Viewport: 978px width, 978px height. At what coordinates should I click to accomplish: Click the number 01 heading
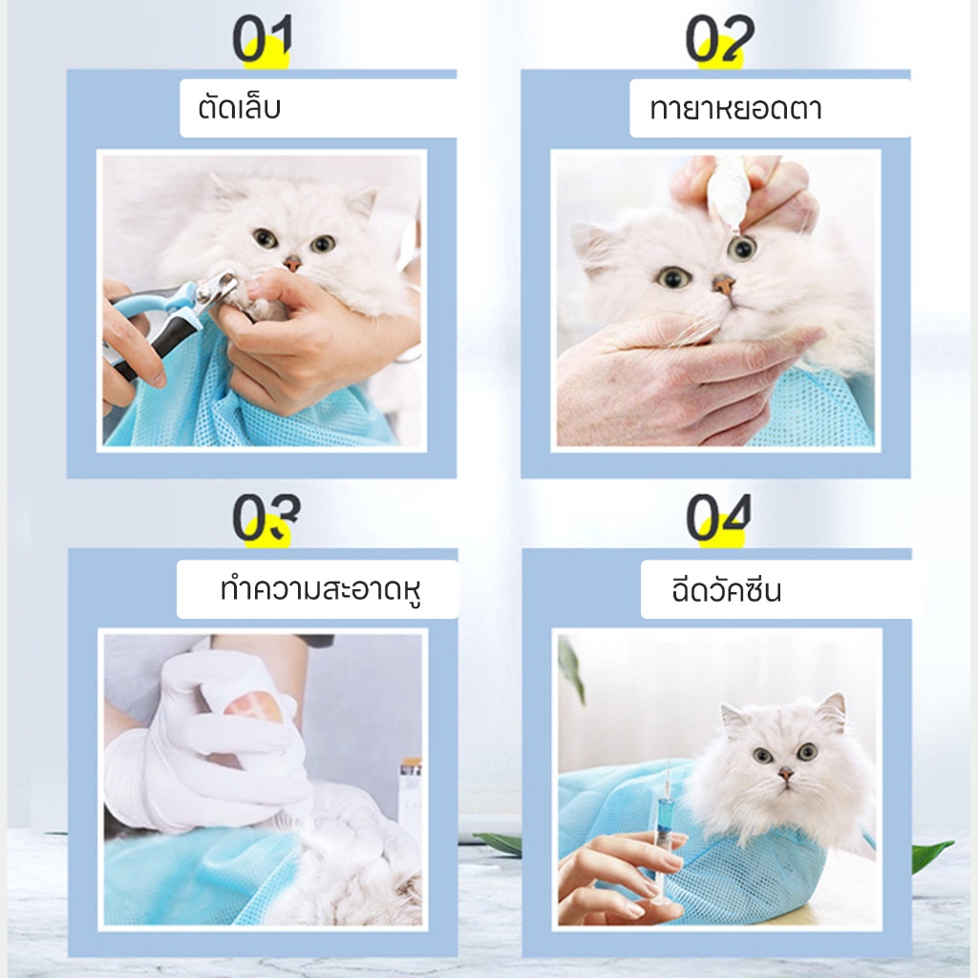[x=262, y=38]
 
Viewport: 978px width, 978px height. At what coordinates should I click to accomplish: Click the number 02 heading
[x=720, y=38]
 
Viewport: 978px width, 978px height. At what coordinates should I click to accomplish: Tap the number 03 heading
[x=266, y=517]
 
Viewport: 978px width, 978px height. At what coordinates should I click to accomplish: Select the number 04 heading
[x=718, y=517]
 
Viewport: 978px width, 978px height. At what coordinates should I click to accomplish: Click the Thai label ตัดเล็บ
[x=240, y=107]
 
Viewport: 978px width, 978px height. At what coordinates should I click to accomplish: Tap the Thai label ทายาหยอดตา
[x=735, y=109]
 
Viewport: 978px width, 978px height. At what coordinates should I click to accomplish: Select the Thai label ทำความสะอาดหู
[x=321, y=589]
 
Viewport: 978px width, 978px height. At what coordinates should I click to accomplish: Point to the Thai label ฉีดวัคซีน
[x=726, y=589]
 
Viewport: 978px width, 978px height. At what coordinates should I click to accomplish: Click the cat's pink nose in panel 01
[x=291, y=264]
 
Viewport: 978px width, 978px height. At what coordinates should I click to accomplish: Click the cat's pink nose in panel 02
[x=724, y=285]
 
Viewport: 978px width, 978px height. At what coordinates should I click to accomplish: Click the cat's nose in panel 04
[x=786, y=775]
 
